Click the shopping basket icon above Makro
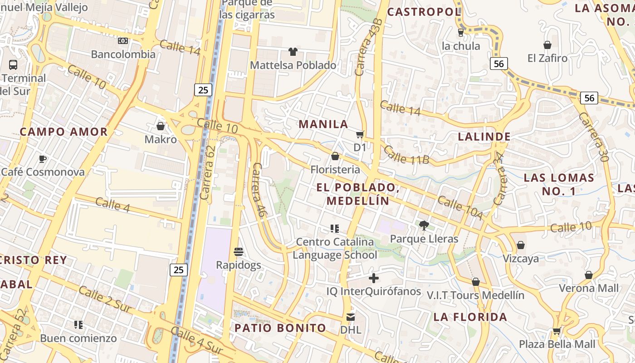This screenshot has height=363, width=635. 160,126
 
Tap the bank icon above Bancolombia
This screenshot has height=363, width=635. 123,41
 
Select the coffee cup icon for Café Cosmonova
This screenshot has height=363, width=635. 42,159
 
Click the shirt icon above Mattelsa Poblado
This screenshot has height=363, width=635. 293,52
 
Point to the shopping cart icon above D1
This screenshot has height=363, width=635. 360,134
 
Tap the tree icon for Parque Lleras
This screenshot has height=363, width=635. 424,225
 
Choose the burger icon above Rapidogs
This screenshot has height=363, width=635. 239,251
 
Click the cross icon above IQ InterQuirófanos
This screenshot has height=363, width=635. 374,278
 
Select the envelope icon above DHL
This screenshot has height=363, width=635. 351,317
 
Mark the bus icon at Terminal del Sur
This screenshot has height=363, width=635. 13,64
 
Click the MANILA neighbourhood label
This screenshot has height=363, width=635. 323,124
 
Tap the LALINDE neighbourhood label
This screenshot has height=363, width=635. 484,137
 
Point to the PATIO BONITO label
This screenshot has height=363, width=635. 280,328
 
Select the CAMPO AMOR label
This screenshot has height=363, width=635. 63,132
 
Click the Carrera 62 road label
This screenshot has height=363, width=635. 207,172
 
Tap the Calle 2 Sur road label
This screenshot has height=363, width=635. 105,299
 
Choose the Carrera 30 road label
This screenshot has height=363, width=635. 593,137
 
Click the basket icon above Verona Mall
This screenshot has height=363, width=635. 589,275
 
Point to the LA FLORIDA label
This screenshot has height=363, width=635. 470,317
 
